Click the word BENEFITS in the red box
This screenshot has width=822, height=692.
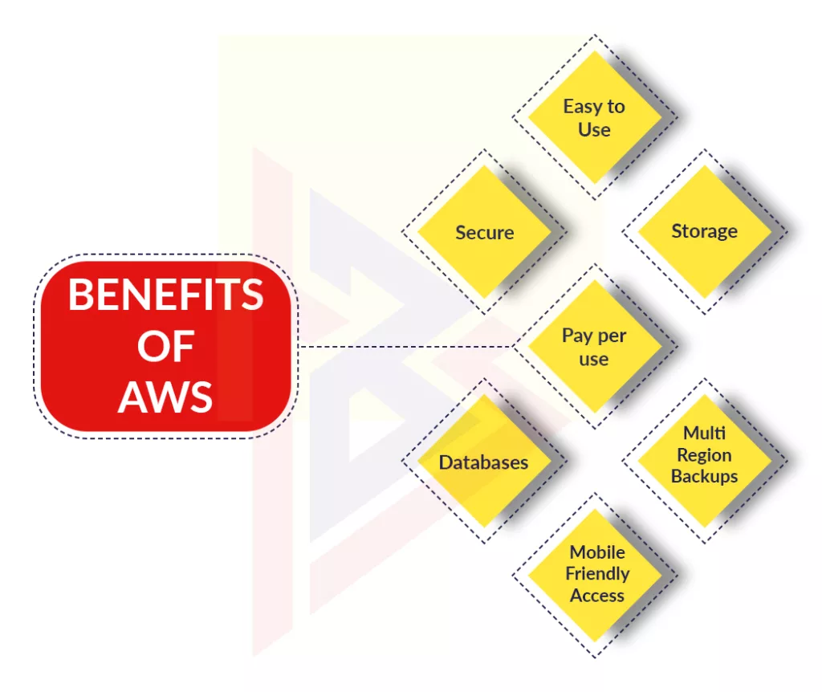165,295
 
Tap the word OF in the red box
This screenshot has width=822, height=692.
165,346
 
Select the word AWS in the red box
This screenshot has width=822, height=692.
165,397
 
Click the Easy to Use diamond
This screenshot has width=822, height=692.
595,117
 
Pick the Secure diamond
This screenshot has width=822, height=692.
484,232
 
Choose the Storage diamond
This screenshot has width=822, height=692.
705,231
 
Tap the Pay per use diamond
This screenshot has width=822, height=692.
595,346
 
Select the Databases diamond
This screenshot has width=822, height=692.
484,462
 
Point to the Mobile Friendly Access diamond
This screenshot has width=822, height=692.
595,575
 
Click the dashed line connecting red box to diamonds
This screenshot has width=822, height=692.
405,347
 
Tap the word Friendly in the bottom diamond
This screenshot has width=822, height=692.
597,574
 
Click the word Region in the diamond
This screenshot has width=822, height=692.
704,455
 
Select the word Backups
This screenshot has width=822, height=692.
705,477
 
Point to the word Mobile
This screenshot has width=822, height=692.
597,552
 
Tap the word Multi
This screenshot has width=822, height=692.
705,433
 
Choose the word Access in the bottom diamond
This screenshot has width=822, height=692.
597,596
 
